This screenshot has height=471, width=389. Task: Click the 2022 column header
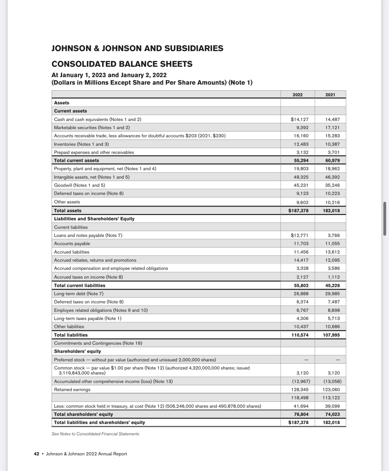tap(297, 95)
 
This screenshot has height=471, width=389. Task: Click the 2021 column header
tap(330, 95)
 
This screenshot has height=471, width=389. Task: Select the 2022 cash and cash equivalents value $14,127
tap(299, 119)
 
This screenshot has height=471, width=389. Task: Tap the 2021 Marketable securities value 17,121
tap(332, 128)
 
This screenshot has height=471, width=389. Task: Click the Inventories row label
tap(81, 144)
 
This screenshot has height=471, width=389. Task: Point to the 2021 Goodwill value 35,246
tap(332, 185)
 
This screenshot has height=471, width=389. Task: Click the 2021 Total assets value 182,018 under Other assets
tap(331, 211)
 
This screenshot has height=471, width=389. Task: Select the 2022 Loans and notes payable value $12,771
tap(299, 235)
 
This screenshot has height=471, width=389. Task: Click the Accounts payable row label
tap(72, 243)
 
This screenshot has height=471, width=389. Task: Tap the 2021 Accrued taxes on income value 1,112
tap(334, 277)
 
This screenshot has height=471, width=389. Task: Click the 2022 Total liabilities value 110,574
tap(300, 335)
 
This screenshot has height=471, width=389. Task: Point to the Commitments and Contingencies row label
tap(98, 343)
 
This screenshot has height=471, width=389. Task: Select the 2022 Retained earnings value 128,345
tap(300, 390)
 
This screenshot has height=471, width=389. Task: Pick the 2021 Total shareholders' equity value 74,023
tap(332, 414)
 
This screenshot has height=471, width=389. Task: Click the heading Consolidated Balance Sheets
tap(122, 64)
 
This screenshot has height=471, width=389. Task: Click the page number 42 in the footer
tap(36, 454)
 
